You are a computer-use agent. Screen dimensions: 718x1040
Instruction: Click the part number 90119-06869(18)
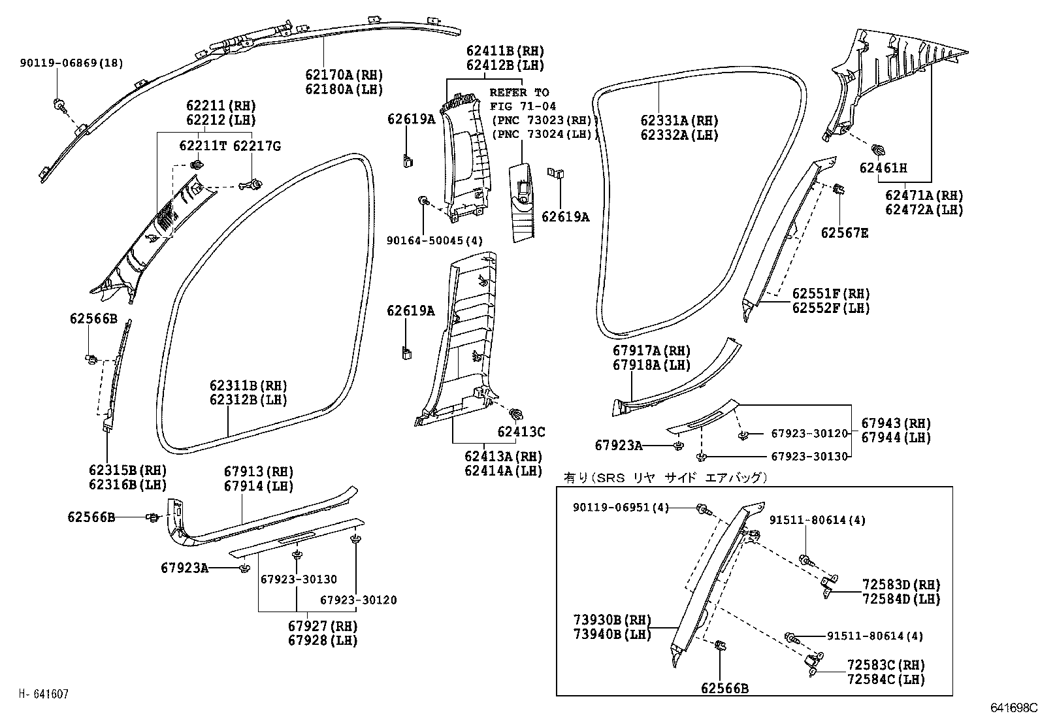(71, 63)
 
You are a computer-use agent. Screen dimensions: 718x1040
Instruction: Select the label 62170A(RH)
(344, 75)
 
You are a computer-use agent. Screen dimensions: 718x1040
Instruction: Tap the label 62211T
(203, 146)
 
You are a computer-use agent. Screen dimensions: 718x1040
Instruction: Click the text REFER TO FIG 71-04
(519, 99)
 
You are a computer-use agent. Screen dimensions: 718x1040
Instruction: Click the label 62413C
(521, 432)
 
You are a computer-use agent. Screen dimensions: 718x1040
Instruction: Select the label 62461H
(883, 168)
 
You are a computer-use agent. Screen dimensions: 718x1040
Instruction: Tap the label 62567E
(845, 233)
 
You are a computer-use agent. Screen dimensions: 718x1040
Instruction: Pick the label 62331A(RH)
(679, 121)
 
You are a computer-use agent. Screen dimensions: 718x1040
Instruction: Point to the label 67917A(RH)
(651, 351)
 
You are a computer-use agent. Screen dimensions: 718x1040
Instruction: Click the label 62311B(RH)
(248, 386)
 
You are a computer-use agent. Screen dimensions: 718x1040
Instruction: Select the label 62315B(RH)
(127, 470)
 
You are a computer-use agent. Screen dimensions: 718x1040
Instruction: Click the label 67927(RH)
(323, 627)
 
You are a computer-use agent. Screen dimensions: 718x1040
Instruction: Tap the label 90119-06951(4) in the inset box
(621, 508)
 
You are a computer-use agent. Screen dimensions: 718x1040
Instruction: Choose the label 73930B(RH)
(613, 620)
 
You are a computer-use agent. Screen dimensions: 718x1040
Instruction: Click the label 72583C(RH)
(886, 665)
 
